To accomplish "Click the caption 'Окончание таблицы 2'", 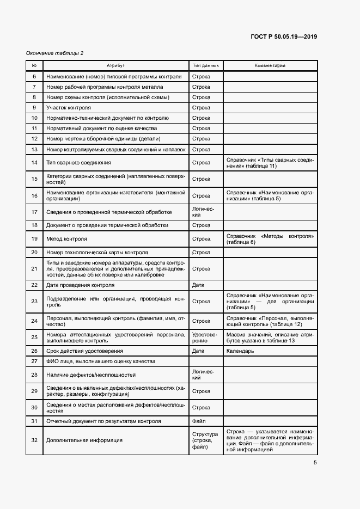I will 54,53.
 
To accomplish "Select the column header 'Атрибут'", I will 115,66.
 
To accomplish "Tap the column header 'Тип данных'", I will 206,66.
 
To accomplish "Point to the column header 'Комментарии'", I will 270,66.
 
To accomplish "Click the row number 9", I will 34,108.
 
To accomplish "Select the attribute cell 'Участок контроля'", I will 69,108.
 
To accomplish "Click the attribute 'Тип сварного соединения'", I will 79,162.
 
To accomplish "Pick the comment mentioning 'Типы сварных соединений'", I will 270,162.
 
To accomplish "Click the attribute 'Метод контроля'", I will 67,239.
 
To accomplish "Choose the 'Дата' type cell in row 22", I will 198,285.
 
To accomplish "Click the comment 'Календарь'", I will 240,351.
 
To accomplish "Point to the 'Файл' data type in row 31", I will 198,421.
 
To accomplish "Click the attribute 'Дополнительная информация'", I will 84,440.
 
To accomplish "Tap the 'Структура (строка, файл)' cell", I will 205,440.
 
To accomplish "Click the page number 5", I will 315,463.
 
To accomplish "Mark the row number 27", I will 34,361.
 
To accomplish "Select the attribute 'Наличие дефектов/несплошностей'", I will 91,375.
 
